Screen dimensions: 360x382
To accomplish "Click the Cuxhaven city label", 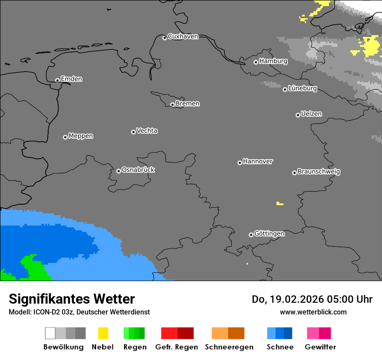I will [183, 36].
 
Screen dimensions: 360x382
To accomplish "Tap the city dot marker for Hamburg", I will [256, 62].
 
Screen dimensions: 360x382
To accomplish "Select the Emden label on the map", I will [71, 79].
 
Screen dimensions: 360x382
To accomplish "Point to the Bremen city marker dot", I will [172, 105].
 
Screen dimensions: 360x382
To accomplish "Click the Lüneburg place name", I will [303, 88].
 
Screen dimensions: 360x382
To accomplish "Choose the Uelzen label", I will [311, 114].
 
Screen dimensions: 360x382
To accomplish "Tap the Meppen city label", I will [81, 136].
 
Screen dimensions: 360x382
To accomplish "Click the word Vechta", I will [147, 131].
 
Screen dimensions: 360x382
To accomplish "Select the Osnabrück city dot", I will [119, 171].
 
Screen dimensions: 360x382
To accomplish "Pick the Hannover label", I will [258, 161].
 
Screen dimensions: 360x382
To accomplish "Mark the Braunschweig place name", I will [319, 172].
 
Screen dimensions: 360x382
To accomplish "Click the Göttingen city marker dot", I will [251, 235].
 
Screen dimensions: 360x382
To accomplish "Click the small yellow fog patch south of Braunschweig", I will [280, 203].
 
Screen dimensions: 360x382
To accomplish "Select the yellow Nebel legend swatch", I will [103, 333].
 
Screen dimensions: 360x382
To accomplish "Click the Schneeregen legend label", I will [229, 347].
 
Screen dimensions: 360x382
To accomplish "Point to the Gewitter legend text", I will [320, 347].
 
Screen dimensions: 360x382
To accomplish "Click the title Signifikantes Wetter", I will [72, 299].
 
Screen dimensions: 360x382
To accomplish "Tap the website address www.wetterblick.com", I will [313, 312].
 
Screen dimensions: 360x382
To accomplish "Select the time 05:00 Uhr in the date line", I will [346, 299].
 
